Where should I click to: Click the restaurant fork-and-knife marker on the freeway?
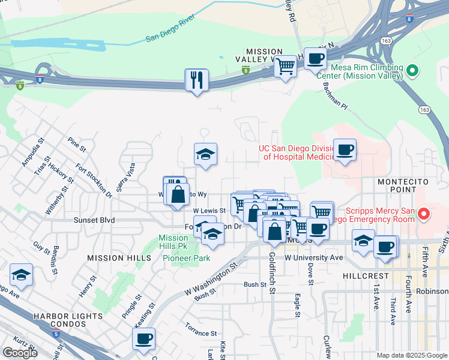click(197, 80)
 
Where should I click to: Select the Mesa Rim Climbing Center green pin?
click(412, 72)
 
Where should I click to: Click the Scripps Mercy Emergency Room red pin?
click(424, 214)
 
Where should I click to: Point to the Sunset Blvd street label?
click(94, 220)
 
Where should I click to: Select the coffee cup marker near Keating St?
click(144, 339)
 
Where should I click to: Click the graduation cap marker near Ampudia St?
click(22, 275)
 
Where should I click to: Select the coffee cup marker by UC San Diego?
click(345, 150)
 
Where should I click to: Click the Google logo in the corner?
click(20, 353)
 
